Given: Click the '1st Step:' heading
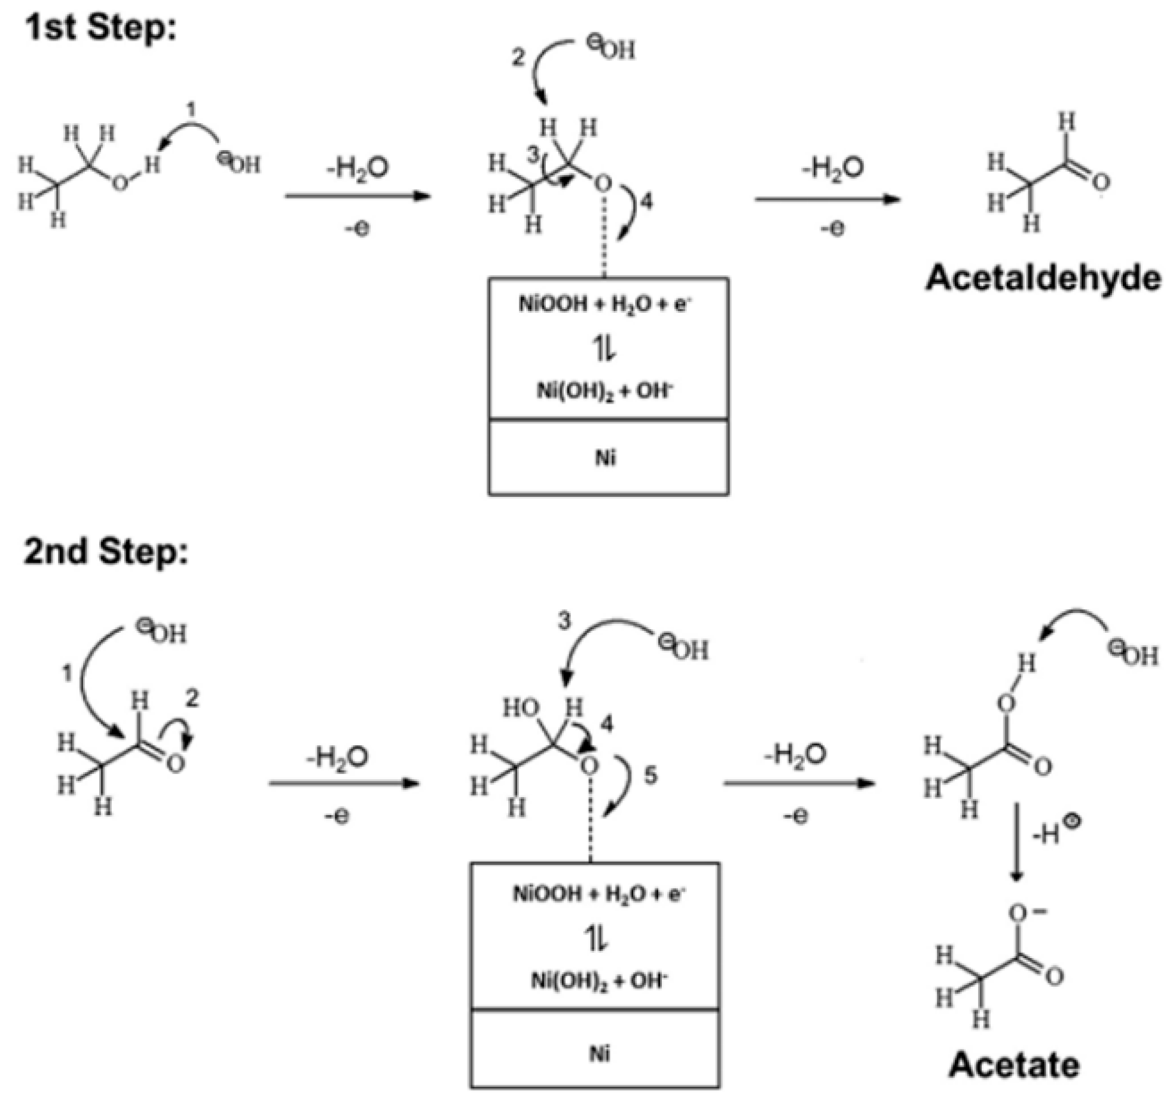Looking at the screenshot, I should (100, 28).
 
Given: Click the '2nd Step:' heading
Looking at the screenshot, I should (105, 551).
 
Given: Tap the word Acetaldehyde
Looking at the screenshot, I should (1043, 279).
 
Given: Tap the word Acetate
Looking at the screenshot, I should (1014, 1065).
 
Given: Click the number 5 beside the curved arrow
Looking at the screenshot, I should (650, 776).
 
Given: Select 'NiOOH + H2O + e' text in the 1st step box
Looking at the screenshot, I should (604, 304).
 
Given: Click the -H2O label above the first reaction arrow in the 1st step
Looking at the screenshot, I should (358, 169).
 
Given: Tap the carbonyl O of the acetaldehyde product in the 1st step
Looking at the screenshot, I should (1101, 182).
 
